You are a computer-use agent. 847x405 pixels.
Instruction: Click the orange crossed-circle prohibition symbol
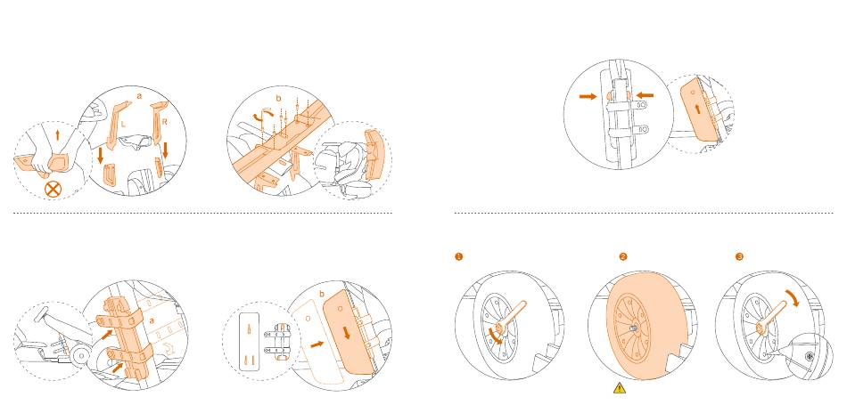click(x=53, y=189)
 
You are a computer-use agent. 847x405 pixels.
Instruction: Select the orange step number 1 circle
click(x=459, y=257)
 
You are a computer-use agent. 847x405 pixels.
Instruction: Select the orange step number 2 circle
click(x=623, y=257)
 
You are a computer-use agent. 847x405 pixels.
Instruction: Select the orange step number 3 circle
click(x=739, y=257)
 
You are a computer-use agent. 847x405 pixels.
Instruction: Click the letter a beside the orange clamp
click(x=153, y=318)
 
